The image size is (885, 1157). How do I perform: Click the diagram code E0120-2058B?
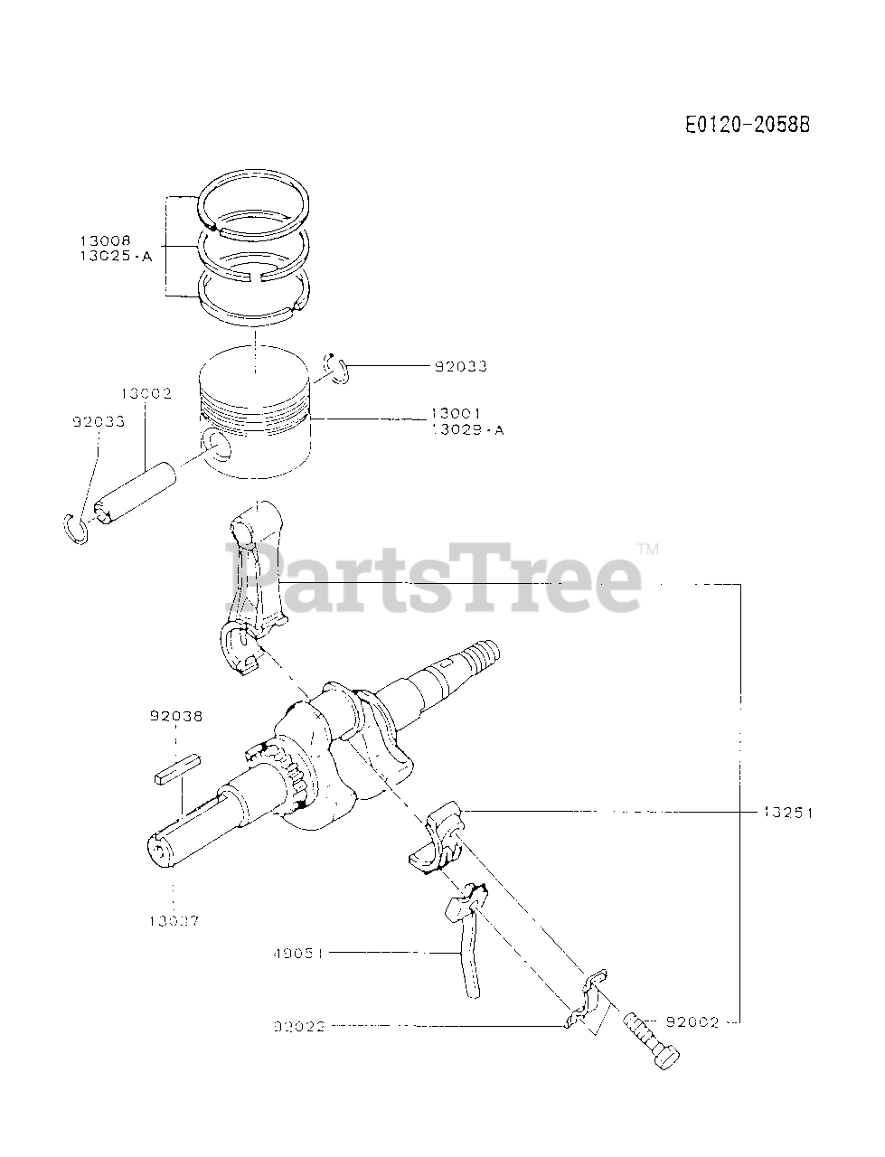pyautogui.click(x=747, y=125)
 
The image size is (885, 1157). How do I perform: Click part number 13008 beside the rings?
pyautogui.click(x=105, y=240)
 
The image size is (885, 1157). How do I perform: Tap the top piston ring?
pyautogui.click(x=255, y=206)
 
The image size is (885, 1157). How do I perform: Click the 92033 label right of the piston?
pyautogui.click(x=460, y=366)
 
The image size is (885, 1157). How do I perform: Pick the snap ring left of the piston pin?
pyautogui.click(x=77, y=528)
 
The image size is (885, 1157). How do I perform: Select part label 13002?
pyautogui.click(x=146, y=394)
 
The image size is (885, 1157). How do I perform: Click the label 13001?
pyautogui.click(x=457, y=414)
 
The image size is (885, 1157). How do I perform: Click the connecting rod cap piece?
pyautogui.click(x=438, y=836)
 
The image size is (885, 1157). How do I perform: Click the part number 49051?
pyautogui.click(x=298, y=952)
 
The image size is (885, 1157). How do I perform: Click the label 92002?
pyautogui.click(x=692, y=1022)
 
